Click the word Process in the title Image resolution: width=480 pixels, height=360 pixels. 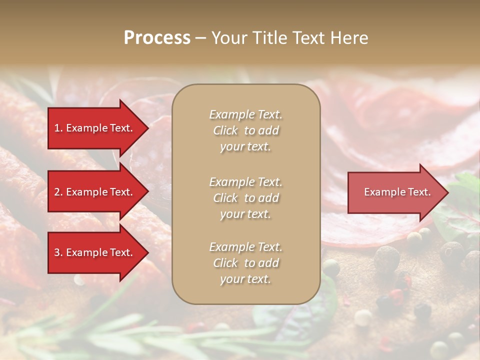click(x=157, y=38)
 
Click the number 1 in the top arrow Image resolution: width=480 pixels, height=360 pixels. click(x=57, y=128)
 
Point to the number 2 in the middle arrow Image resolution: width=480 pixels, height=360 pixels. click(x=57, y=192)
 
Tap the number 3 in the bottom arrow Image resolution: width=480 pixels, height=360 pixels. click(x=57, y=252)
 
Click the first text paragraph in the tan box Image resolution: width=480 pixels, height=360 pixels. click(x=245, y=130)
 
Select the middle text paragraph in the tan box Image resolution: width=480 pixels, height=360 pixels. click(x=245, y=198)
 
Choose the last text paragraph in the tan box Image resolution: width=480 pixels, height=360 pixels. click(x=245, y=263)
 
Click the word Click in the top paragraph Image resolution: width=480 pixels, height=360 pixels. click(x=225, y=130)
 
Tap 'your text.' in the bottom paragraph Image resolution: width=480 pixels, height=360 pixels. click(x=245, y=279)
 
